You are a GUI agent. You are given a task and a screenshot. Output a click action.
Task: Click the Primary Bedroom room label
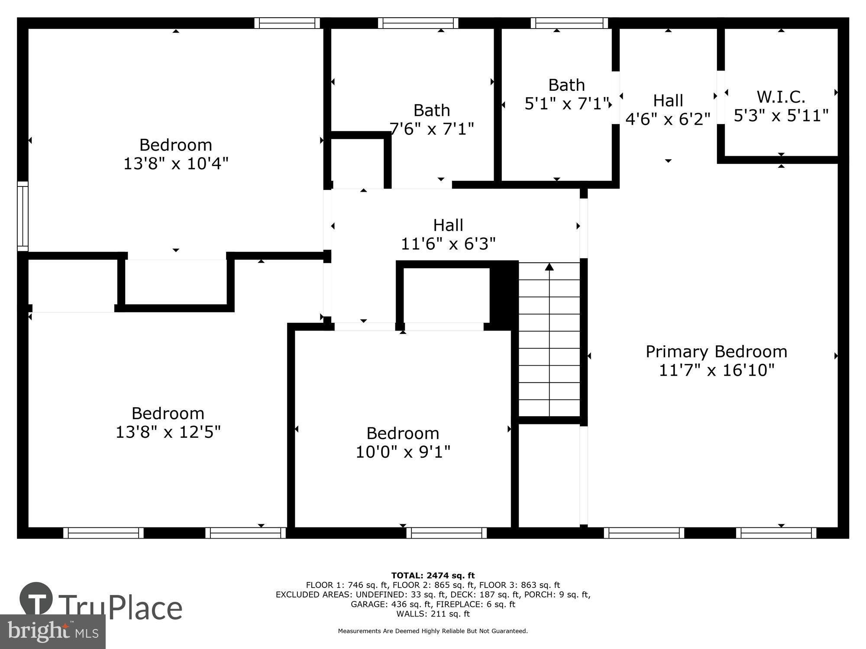tap(716, 351)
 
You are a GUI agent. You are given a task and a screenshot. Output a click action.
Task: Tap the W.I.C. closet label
tap(781, 97)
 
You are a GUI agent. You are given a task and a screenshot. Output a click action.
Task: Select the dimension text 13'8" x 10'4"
tap(176, 164)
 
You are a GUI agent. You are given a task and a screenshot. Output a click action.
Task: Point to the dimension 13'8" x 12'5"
tap(168, 432)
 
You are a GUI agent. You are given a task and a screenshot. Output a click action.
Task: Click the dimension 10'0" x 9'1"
tap(403, 452)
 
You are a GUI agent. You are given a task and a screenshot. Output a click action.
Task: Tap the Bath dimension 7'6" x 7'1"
tap(432, 129)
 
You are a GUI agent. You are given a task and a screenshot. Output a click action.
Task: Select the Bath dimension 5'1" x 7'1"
tap(566, 104)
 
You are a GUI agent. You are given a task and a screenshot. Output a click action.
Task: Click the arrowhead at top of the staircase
tap(549, 267)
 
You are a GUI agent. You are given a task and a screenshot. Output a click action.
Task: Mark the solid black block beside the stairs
tap(504, 296)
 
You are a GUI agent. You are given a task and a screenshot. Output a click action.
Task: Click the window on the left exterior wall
tap(23, 216)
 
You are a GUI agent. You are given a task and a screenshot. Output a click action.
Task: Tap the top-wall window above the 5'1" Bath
tap(569, 23)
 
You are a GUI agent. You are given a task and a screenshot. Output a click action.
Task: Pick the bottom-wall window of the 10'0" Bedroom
tap(446, 533)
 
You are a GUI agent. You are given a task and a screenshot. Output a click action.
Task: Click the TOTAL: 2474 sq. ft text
tap(433, 575)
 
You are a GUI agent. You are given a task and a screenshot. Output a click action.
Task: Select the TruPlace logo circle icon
tap(36, 599)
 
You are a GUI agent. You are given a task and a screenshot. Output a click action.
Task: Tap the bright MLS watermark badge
tap(52, 632)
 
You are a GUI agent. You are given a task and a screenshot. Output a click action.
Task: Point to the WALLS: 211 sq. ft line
tap(433, 614)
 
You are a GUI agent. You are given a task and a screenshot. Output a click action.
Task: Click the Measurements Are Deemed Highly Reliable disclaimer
tap(433, 631)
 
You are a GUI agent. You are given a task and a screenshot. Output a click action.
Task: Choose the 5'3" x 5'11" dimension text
tap(781, 116)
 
